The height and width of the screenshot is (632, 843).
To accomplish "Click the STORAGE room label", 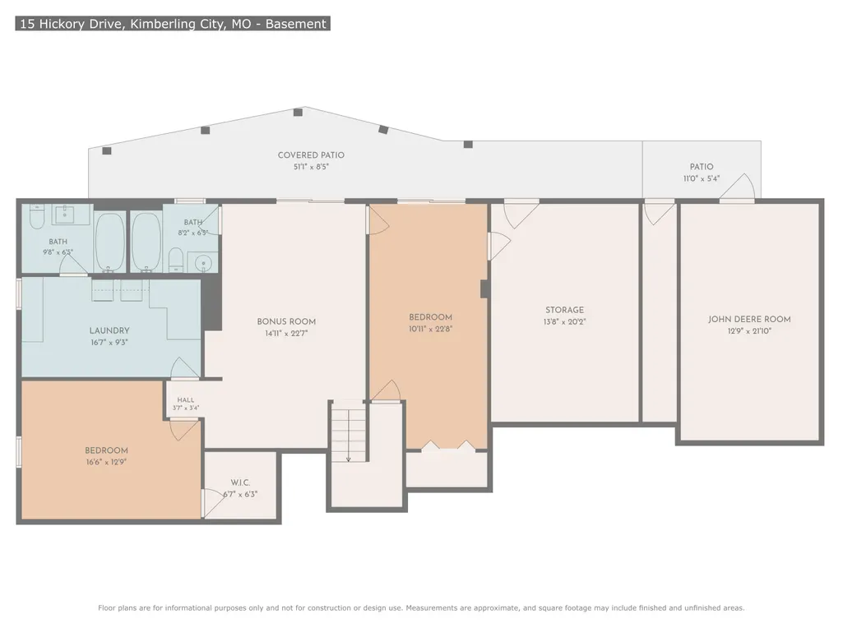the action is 564,310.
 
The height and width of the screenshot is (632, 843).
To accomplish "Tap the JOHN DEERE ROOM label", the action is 749,319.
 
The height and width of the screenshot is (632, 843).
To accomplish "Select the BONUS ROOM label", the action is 286,321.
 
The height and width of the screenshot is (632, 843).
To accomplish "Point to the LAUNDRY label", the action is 109,330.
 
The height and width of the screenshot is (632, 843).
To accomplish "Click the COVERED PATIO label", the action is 311,155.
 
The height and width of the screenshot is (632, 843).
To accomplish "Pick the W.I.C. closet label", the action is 240,482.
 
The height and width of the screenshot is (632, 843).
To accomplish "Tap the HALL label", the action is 186,400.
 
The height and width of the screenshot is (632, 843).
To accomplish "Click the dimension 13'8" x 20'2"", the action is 564,322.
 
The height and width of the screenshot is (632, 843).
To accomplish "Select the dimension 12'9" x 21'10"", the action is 749,331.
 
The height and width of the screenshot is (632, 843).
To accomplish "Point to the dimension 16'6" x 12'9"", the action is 106,462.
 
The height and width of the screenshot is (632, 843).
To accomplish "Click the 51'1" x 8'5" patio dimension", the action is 311,167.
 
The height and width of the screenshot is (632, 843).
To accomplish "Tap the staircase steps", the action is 349,431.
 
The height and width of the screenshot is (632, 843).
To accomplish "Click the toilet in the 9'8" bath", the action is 36,217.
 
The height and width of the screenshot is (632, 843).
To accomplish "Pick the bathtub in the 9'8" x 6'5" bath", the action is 110,242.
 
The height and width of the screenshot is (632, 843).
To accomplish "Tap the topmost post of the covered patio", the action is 298,113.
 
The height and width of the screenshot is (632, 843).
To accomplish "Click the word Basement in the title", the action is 296,24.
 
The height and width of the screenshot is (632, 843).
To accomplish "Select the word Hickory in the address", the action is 60,24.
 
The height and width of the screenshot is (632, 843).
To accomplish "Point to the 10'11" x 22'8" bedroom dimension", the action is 430,329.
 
